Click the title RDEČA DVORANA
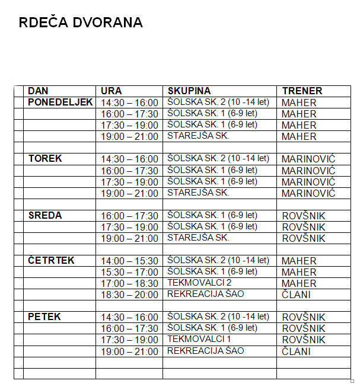(x=81, y=23)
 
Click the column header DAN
(x=38, y=91)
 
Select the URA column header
(x=111, y=91)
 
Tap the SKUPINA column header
(x=189, y=91)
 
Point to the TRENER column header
(x=302, y=91)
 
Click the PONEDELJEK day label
(x=60, y=102)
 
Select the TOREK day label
(x=45, y=159)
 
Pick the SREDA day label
(x=45, y=215)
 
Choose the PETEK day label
(x=44, y=317)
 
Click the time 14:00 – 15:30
(x=129, y=261)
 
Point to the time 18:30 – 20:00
(x=129, y=295)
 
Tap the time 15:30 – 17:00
(x=129, y=273)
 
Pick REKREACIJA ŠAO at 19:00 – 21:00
(x=206, y=351)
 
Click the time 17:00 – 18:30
(x=129, y=284)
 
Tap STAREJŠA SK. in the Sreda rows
(x=198, y=238)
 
